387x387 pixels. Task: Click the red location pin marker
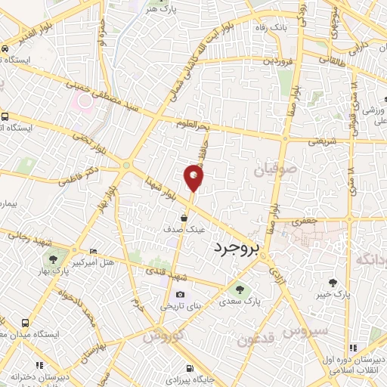coord(193,177)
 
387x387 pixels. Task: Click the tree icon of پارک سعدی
coord(240,288)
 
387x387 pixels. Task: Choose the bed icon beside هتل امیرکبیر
coord(93,251)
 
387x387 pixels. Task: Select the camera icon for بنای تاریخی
coord(180,295)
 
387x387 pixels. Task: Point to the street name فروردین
coord(276,60)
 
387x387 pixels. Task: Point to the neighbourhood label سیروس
coord(307,330)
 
